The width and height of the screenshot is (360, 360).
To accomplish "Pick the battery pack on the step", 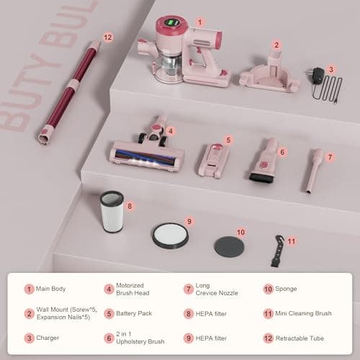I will [214, 159].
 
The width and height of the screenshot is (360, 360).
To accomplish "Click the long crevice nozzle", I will [314, 169].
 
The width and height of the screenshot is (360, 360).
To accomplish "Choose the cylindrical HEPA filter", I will [112, 211].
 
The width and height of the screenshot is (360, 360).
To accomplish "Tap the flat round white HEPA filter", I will [170, 235].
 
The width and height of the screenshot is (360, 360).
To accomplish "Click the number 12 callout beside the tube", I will [109, 37].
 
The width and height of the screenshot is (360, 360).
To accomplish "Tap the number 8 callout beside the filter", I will [130, 207].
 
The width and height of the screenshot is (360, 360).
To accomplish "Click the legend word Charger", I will [48, 337].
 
